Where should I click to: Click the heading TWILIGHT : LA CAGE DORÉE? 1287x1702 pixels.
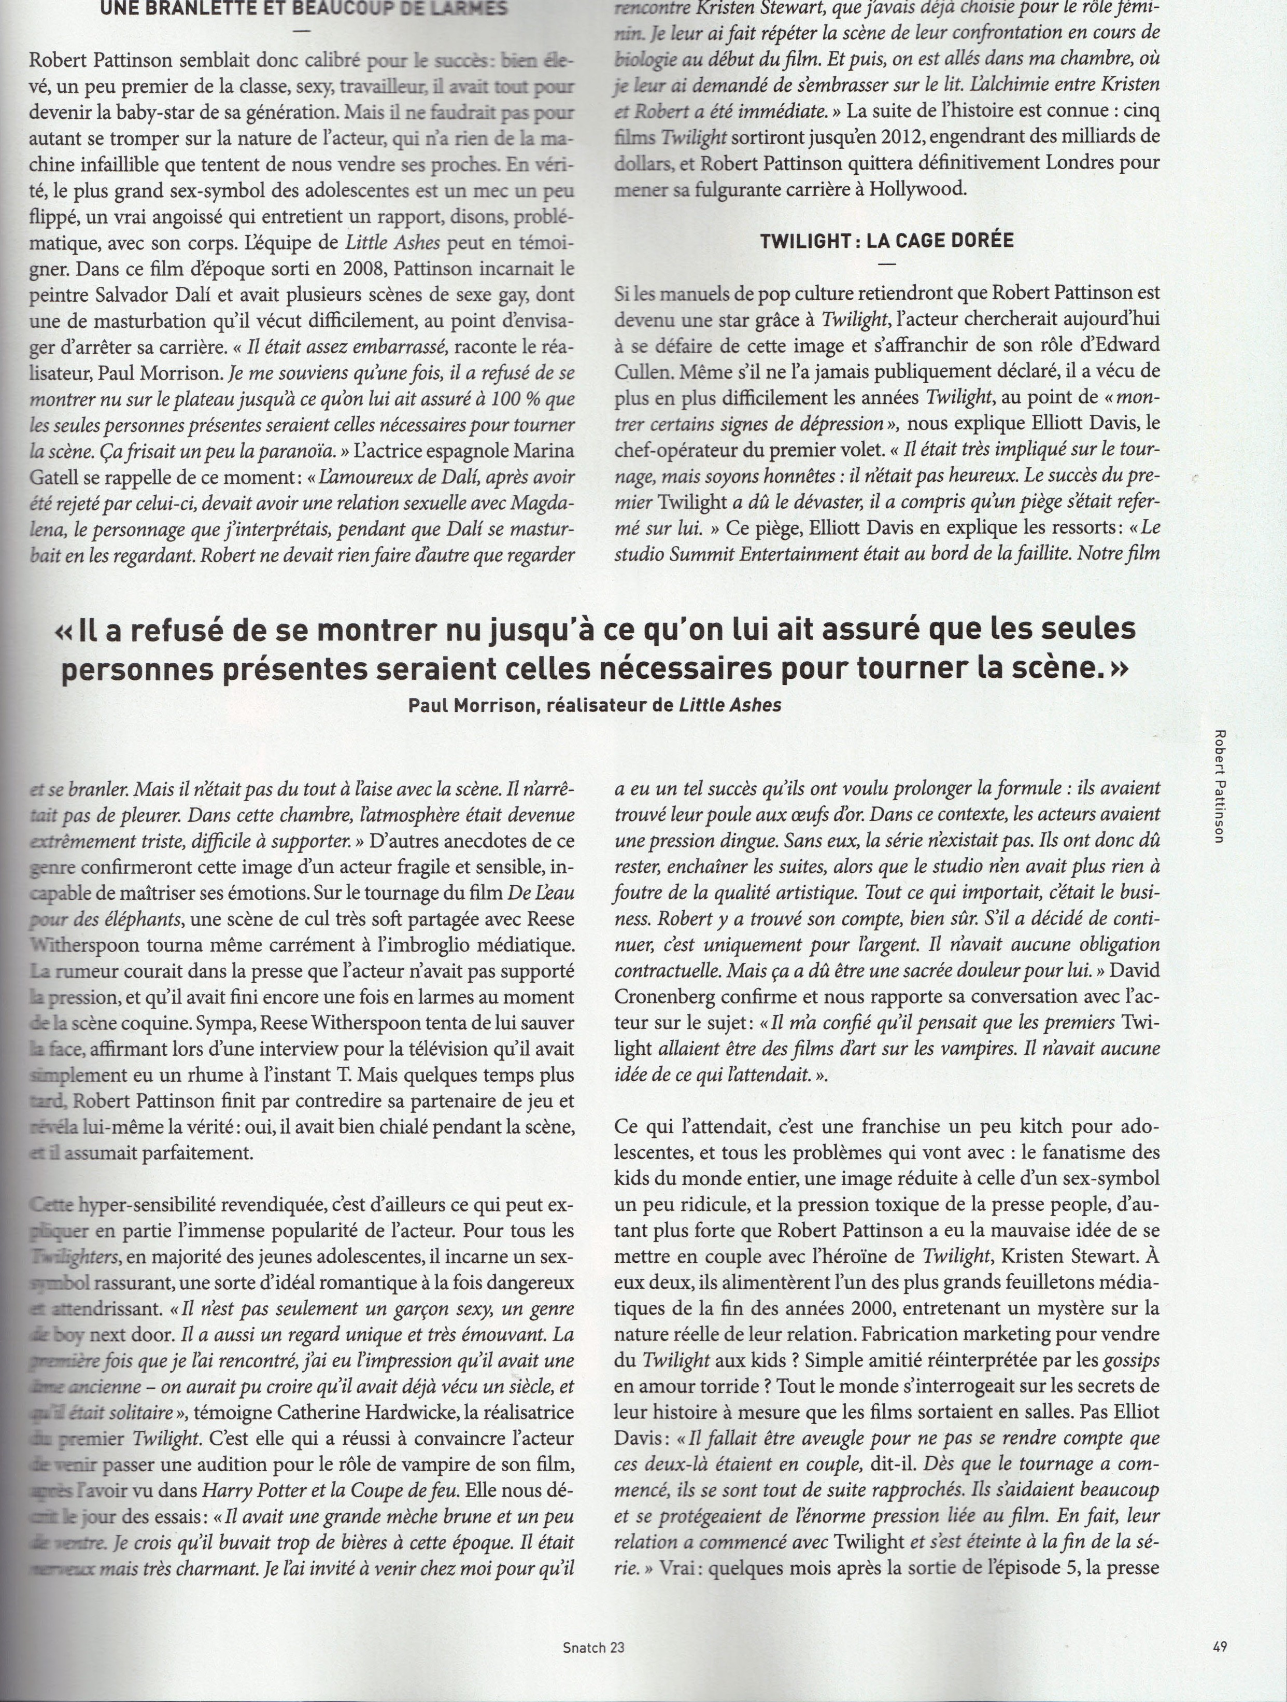click(x=886, y=240)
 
